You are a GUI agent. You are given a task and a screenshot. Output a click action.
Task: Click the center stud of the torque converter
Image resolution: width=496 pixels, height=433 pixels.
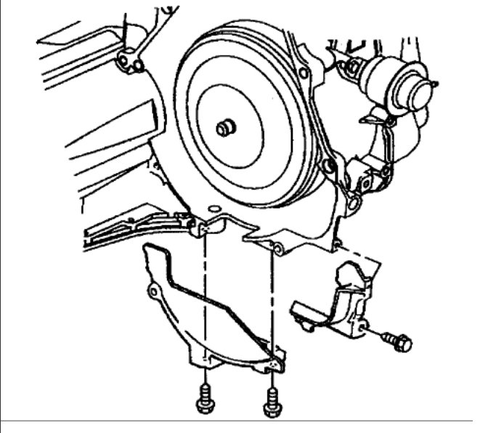point(226,129)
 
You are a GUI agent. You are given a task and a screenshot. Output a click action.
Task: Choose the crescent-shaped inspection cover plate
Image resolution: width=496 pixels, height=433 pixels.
point(211,312)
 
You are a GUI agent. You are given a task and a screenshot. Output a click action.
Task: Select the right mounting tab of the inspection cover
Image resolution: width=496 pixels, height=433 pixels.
point(272,363)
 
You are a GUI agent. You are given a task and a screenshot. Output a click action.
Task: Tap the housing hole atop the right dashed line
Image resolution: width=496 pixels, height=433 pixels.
point(275,248)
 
